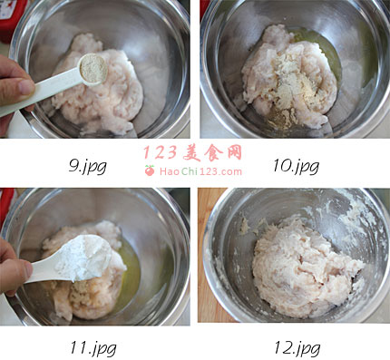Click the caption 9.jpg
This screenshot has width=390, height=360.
[x=87, y=166]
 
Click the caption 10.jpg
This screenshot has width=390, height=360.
[x=296, y=166]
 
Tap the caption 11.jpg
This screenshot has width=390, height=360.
[x=93, y=348]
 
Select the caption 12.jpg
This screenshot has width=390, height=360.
[x=297, y=348]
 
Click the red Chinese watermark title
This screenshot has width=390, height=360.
[x=192, y=152]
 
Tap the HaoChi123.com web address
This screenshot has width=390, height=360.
[x=200, y=171]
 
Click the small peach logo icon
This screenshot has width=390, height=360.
[x=150, y=170]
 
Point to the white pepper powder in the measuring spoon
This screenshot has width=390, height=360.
[x=93, y=69]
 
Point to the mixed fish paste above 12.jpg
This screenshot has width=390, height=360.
[x=306, y=266]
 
